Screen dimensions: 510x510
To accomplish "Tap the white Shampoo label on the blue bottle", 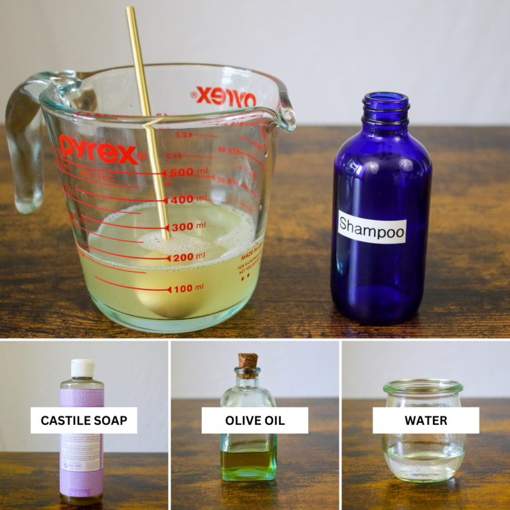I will [x=372, y=227].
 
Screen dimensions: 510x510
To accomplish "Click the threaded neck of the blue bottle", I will [x=385, y=106].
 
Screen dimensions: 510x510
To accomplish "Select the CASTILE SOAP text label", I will [x=84, y=420].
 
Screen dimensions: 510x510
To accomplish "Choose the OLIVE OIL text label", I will [x=255, y=420].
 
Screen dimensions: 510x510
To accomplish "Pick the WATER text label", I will [x=426, y=420].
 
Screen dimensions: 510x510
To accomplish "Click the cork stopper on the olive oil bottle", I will [x=248, y=363].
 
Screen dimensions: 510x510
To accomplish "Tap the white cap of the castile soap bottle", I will [x=82, y=368].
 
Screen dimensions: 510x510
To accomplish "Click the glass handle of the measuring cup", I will [x=25, y=146].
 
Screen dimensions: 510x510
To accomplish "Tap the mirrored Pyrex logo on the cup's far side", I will [x=226, y=97].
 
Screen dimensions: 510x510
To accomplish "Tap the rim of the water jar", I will [x=423, y=385].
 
